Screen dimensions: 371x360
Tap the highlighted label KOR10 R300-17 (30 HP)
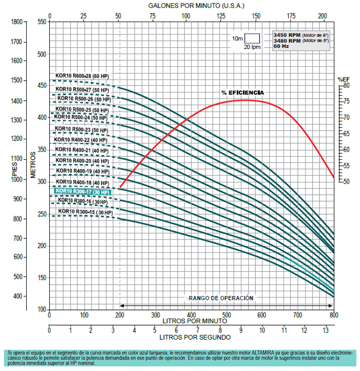click(82, 192)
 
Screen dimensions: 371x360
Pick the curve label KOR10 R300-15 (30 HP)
click(85, 212)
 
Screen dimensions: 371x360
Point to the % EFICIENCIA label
click(242, 92)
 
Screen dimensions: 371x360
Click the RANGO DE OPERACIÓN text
click(221, 298)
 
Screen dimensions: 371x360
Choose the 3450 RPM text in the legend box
click(287, 34)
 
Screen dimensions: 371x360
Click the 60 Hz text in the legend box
click(281, 46)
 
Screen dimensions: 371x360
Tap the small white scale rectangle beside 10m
click(252, 39)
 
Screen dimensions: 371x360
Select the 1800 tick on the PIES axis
click(17, 22)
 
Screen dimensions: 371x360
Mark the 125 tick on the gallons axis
click(221, 16)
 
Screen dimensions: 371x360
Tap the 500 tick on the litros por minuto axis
click(226, 315)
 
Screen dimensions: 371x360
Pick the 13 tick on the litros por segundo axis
click(325, 329)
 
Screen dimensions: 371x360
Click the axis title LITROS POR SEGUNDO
click(195, 338)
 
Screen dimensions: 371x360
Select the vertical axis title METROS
click(32, 164)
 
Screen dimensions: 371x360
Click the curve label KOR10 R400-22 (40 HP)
click(81, 140)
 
